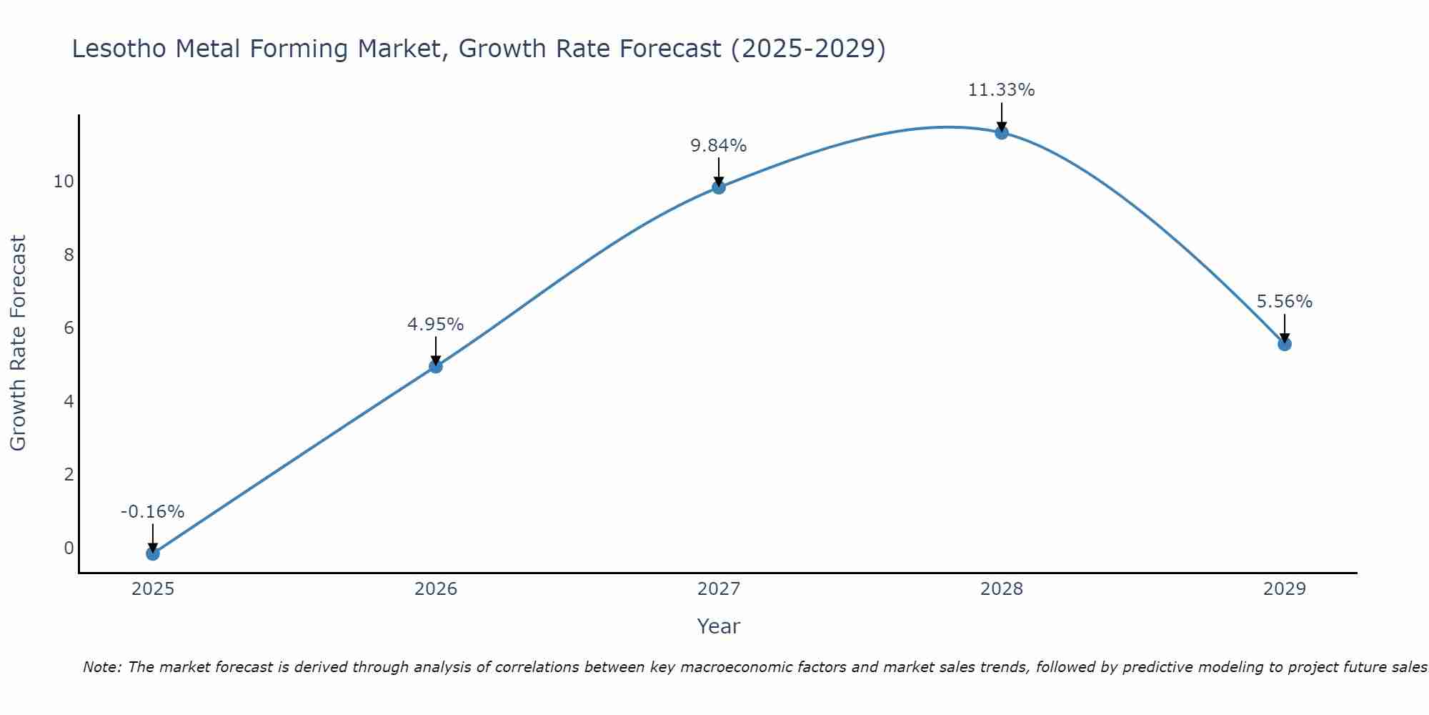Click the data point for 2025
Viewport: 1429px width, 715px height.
tap(152, 553)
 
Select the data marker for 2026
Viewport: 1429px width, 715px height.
tap(436, 366)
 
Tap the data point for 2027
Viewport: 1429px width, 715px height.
tap(719, 187)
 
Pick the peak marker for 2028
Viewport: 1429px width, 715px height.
tap(1002, 132)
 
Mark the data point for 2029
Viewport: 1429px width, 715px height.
tap(1285, 344)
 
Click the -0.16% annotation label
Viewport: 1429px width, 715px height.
tap(152, 512)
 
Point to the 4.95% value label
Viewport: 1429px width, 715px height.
tap(436, 325)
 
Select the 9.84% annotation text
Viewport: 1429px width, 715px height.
tap(719, 146)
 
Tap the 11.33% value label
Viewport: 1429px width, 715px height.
tap(1002, 90)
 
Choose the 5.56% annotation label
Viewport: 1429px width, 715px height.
tap(1285, 302)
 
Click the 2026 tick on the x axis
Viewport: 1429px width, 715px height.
tap(436, 589)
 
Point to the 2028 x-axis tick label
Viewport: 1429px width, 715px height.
tap(1002, 589)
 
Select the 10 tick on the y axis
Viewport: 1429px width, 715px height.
tap(64, 182)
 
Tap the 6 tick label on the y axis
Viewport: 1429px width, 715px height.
tap(69, 328)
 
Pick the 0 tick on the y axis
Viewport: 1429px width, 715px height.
tap(69, 548)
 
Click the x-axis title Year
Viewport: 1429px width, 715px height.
tap(719, 626)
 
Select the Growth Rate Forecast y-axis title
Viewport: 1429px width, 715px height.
tap(18, 343)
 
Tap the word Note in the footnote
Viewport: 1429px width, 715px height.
tap(102, 668)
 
